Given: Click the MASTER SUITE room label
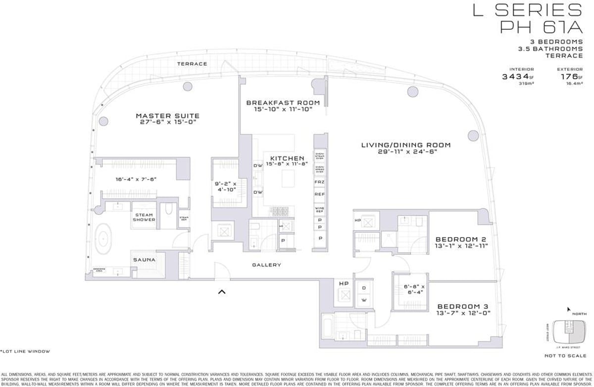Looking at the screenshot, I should [167, 116].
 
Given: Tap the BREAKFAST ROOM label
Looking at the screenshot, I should [283, 103].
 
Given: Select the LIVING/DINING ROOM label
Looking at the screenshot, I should [406, 145].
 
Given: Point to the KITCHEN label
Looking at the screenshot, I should [287, 158].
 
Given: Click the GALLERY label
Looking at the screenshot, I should [266, 265].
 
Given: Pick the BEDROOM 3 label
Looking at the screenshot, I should [463, 306].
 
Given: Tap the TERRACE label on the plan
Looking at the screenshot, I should [192, 64].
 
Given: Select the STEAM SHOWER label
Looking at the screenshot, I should [144, 217].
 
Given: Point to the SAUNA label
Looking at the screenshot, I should [144, 260].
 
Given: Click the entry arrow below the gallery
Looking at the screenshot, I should [222, 292].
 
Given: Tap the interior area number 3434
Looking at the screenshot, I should [516, 77].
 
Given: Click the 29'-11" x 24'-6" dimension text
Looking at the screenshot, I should [406, 152].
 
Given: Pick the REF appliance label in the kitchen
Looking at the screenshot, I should [319, 194].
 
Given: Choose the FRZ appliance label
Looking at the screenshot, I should [319, 182].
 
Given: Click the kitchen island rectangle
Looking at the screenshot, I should [288, 178].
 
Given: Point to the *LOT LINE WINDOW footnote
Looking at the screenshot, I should [25, 351].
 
